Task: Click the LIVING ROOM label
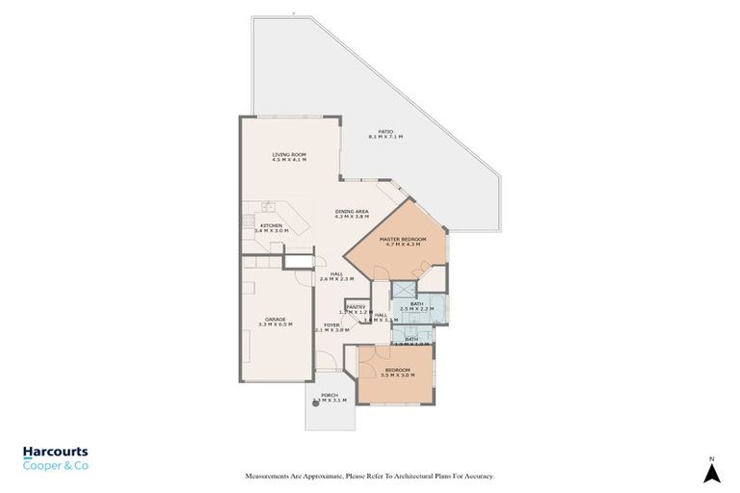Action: (x=288, y=153)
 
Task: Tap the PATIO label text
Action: (x=385, y=132)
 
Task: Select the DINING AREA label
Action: (x=352, y=211)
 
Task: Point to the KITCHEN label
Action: (x=271, y=225)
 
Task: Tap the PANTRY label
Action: (x=356, y=307)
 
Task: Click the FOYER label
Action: (x=331, y=324)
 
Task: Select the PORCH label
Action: (x=330, y=394)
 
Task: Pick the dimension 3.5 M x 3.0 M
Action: (x=398, y=376)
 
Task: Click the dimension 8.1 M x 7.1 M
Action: (x=385, y=138)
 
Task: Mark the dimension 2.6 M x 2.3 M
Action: (x=336, y=279)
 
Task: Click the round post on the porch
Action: (x=315, y=403)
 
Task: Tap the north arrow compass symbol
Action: (x=711, y=472)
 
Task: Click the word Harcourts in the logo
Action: (x=56, y=451)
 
